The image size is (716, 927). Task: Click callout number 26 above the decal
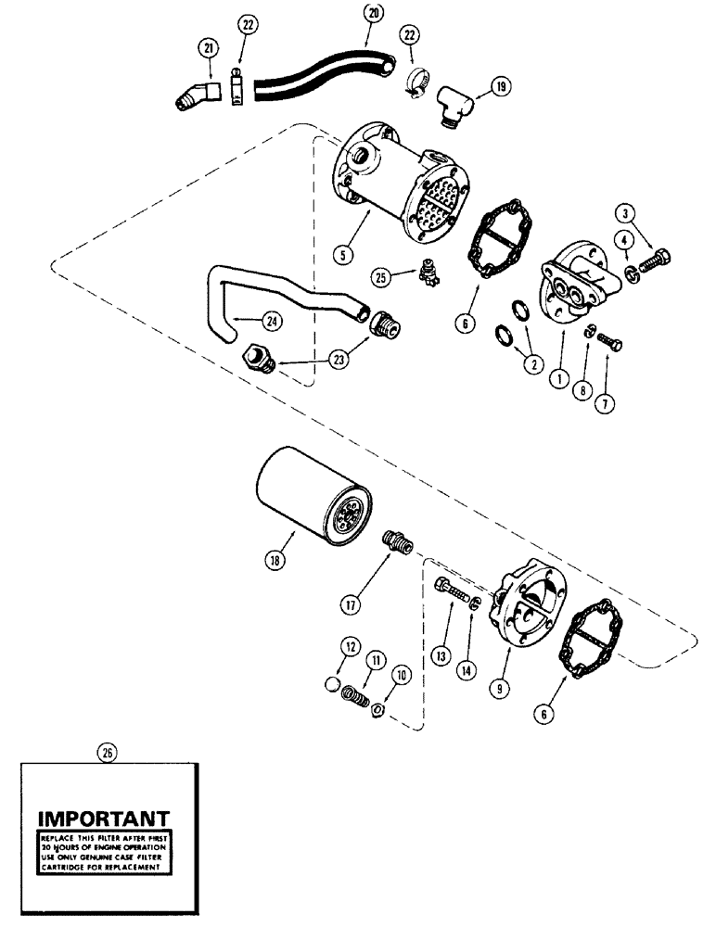[x=108, y=754]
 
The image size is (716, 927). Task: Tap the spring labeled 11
[x=352, y=692]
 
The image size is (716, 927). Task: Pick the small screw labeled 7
[x=609, y=344]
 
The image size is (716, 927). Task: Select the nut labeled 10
[x=379, y=711]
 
